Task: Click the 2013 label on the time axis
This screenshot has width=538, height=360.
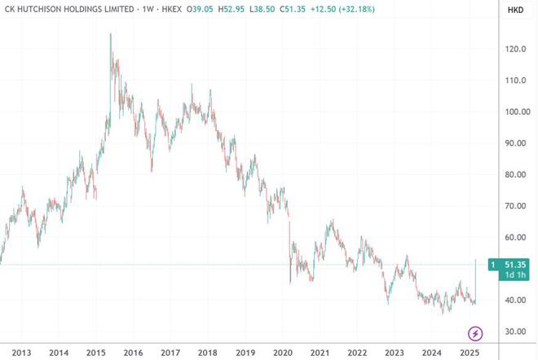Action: (x=21, y=353)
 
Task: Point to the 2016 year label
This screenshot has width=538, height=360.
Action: (x=132, y=353)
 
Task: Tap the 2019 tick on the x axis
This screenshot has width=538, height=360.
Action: (x=245, y=353)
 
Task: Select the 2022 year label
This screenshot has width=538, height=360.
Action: (x=356, y=353)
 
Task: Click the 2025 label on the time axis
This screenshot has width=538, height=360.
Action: (x=469, y=353)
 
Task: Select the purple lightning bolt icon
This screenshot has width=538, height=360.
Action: (x=474, y=333)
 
